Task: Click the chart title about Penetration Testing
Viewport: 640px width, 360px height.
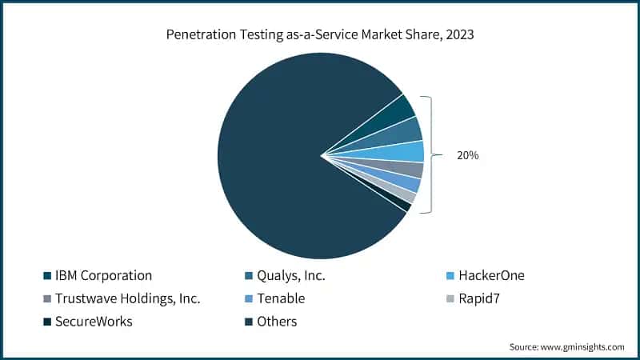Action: coord(320,34)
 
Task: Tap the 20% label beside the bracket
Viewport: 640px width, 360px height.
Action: coord(467,156)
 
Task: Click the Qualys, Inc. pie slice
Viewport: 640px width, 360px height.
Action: coord(408,130)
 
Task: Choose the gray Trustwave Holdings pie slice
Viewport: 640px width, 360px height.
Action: coord(411,169)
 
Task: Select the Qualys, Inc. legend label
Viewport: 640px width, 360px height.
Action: coord(292,276)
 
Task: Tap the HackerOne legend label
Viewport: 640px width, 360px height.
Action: coord(493,276)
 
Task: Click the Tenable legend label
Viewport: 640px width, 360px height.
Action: coord(282,299)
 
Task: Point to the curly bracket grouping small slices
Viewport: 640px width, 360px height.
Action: coord(429,154)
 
